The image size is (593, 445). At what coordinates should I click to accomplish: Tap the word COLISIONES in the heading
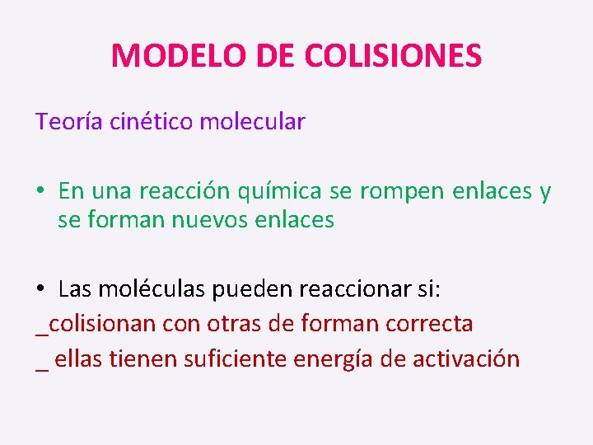coord(393,56)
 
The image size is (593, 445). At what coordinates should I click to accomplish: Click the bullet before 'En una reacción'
coord(40,192)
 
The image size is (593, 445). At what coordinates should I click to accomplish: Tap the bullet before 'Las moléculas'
coord(40,289)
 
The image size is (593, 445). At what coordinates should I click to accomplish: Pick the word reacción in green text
coord(185,191)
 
